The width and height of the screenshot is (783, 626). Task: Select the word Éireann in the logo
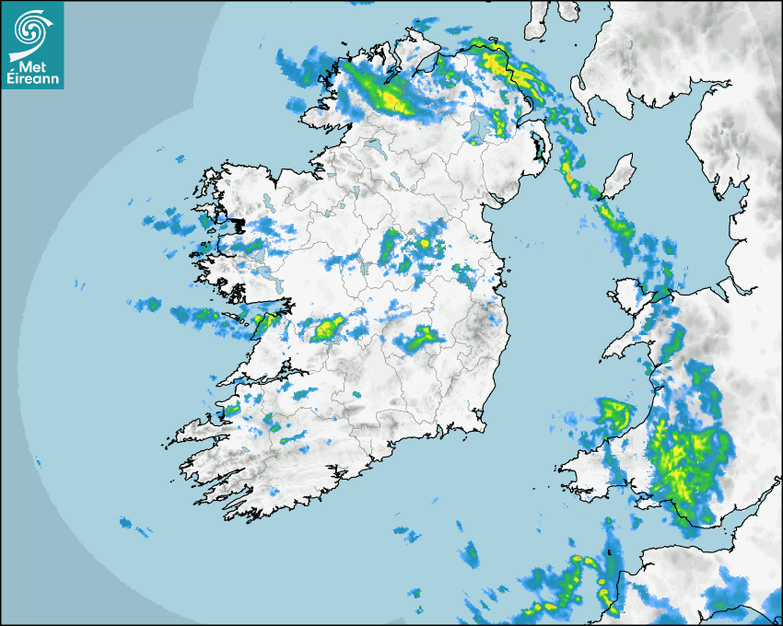pos(32,79)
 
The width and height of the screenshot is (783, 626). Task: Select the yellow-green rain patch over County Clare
pos(326,328)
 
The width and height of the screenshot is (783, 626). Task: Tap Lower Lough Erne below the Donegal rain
pos(372,145)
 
